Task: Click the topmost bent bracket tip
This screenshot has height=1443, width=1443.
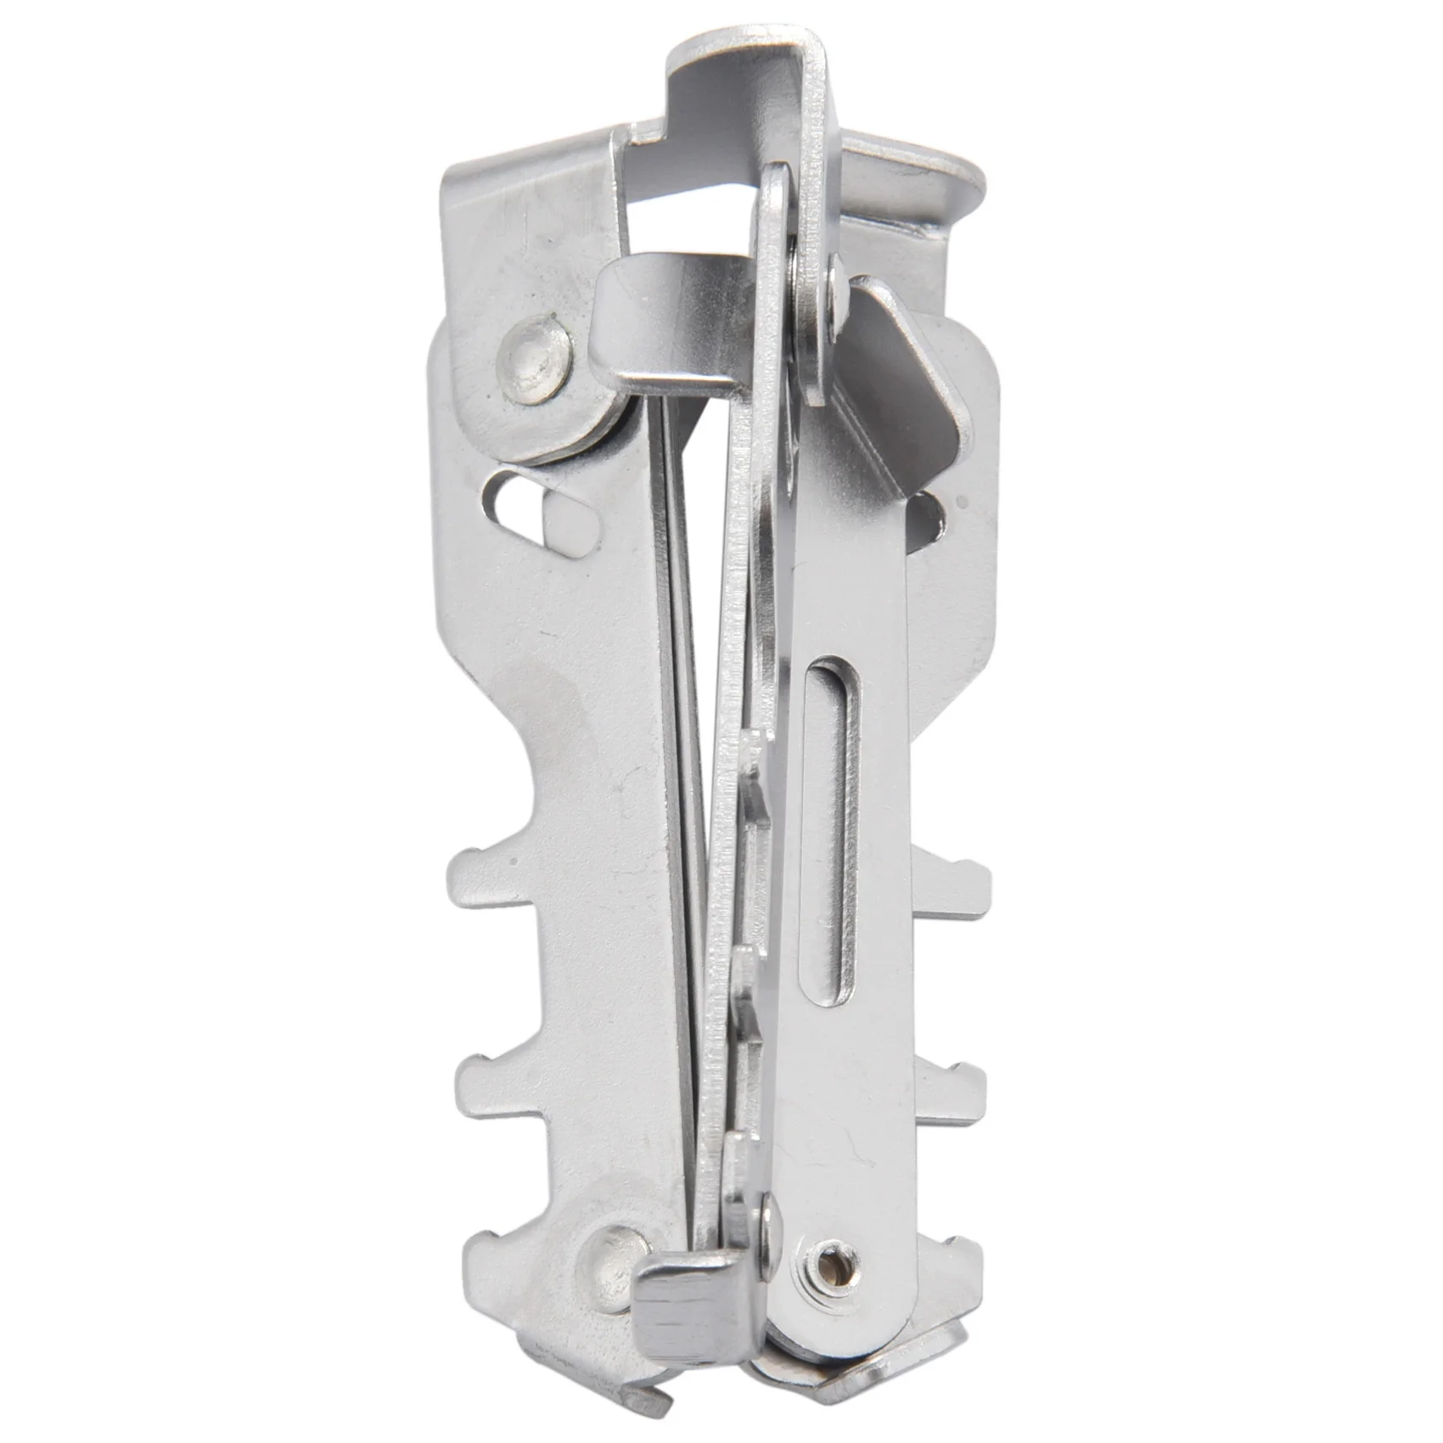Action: (x=747, y=64)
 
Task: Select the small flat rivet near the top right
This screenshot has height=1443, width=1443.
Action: (x=836, y=293)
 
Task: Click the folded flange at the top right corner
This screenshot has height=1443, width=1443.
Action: (x=925, y=182)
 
